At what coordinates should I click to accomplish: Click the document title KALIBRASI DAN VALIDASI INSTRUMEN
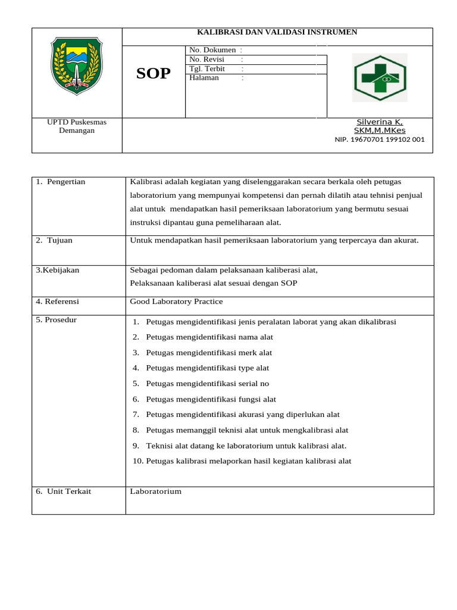pos(277,32)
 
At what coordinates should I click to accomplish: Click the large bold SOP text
pos(154,73)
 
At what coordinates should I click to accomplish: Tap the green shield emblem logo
pos(77,65)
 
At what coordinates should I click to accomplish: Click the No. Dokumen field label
pos(212,50)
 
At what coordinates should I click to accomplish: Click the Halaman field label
pos(204,77)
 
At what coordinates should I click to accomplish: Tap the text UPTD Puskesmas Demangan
pos(77,126)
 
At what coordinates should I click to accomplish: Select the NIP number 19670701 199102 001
pos(380,140)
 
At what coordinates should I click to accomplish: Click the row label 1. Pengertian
pos(61,182)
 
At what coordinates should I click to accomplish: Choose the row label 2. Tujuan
pos(54,241)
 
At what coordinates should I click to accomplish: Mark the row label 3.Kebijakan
pos(58,270)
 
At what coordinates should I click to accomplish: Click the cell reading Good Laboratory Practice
pos(177,302)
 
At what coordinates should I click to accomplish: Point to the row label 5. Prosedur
pos(57,320)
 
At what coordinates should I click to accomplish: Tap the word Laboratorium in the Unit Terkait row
pos(156,491)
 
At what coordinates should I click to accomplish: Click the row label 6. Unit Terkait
pos(64,491)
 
